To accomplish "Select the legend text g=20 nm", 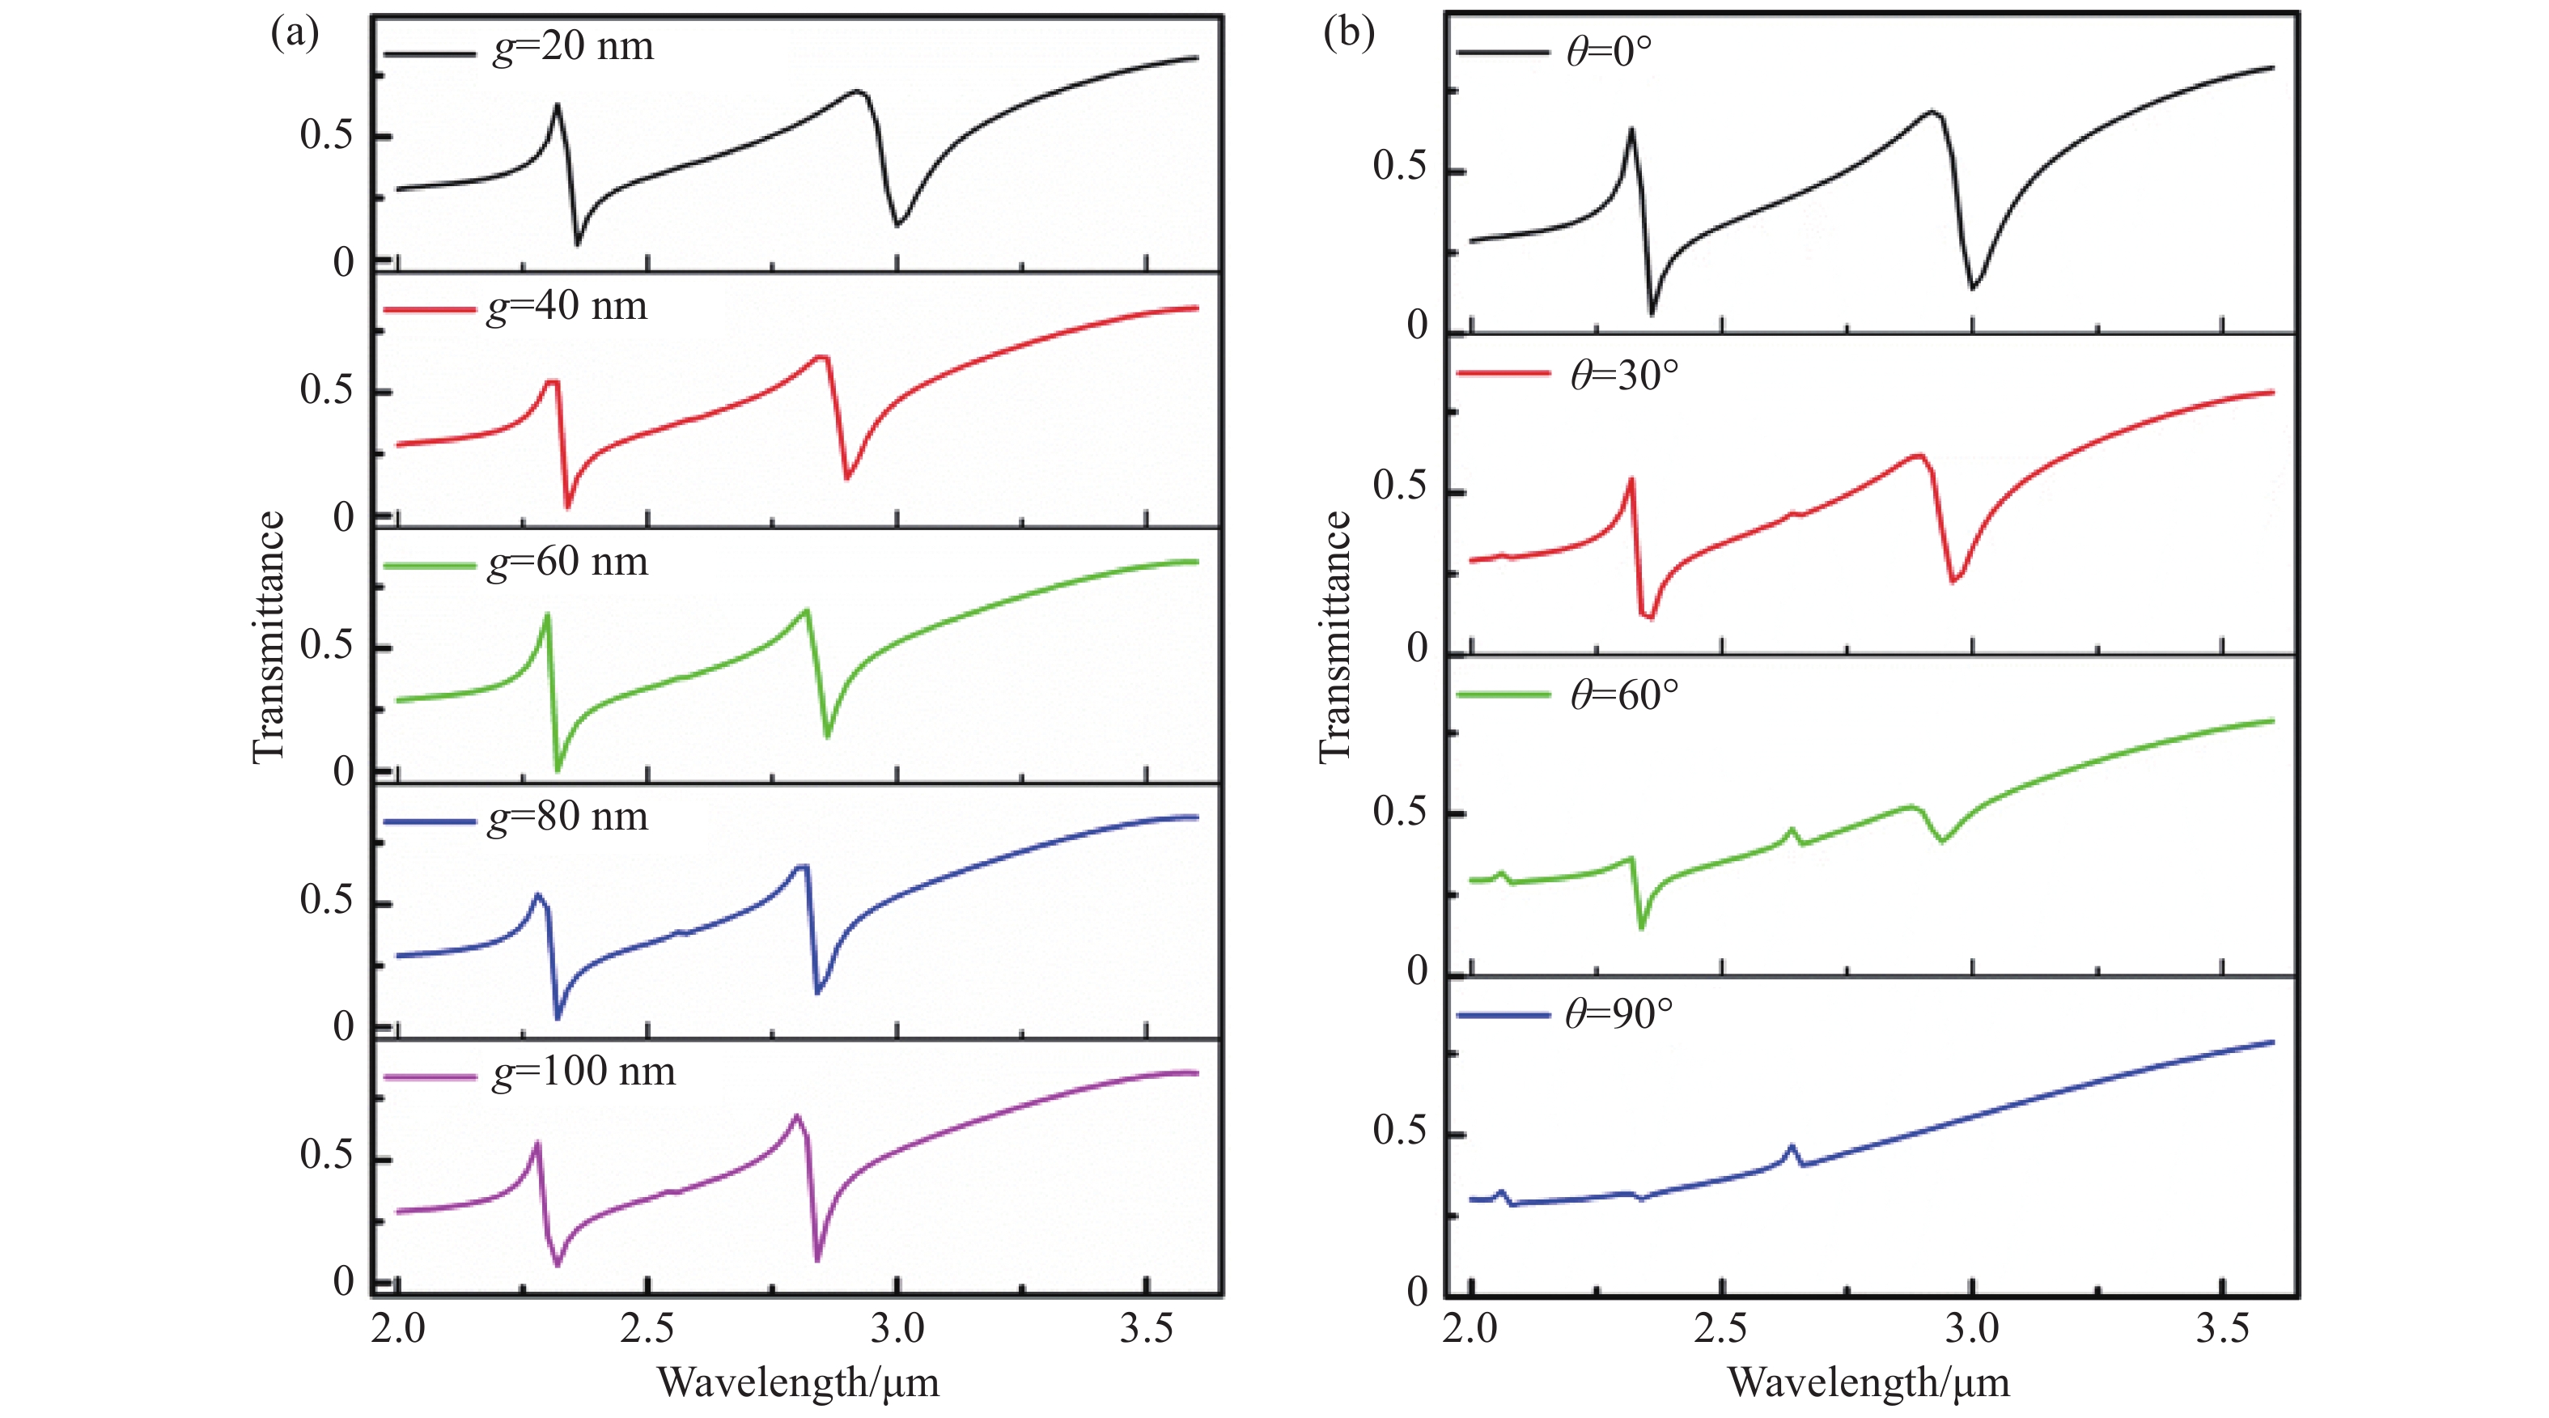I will point(573,46).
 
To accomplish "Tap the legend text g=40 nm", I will point(567,306).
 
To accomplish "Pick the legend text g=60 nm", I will point(568,561).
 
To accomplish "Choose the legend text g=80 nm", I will point(568,817).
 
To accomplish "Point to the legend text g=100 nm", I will point(583,1071).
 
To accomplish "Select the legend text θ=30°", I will point(1624,374).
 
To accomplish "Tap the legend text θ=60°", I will point(1624,694).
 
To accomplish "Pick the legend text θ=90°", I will point(1619,1014).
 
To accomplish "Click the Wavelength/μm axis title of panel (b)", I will point(1868,1382).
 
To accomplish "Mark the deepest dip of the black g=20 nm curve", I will point(578,244).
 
